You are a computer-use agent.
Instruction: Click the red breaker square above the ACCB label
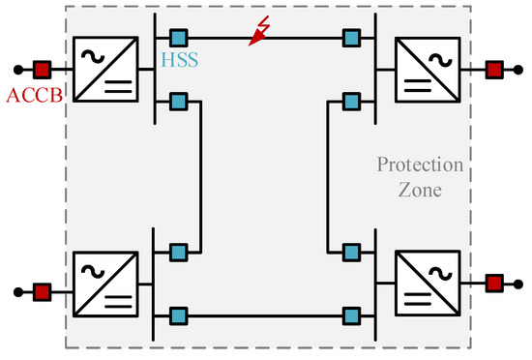coord(42,70)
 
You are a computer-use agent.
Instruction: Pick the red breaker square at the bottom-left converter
coord(42,289)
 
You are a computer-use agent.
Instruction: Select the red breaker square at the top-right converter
coord(494,70)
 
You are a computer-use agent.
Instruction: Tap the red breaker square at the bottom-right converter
coord(494,284)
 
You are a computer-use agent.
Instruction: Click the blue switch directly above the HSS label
coord(178,38)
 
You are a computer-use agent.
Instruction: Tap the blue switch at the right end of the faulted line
coord(353,38)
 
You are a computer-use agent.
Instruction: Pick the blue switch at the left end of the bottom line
coord(178,315)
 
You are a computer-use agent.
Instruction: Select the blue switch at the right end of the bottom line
coord(353,315)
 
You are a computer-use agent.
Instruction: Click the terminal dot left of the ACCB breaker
coord(17,70)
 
